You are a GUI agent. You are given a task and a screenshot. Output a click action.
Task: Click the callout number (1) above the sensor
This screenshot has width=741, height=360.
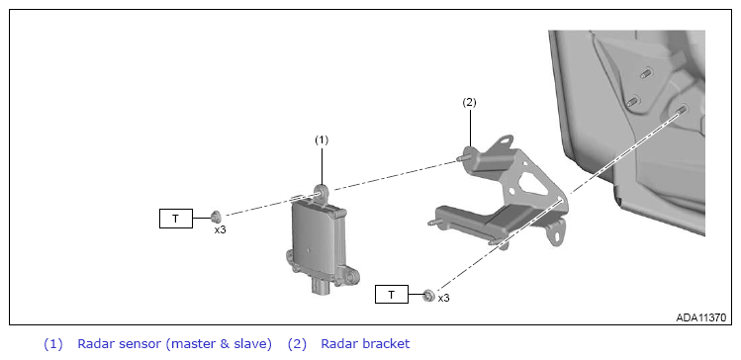click(322, 139)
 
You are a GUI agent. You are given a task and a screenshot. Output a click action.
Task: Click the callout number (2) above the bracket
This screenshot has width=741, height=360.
click(469, 103)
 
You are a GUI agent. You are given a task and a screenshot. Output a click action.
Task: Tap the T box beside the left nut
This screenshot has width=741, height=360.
click(176, 219)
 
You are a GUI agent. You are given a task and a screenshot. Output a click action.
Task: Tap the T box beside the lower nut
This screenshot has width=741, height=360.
click(392, 295)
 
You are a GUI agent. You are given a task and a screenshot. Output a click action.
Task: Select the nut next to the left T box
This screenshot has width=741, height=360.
click(217, 217)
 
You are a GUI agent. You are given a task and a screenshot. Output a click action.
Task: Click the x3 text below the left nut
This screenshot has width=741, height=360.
click(220, 230)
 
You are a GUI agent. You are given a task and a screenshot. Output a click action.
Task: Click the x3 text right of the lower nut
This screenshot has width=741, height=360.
click(443, 299)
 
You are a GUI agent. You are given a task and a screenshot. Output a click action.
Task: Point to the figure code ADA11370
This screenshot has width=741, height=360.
click(700, 317)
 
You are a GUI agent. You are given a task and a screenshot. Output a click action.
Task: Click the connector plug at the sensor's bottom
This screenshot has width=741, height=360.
click(322, 286)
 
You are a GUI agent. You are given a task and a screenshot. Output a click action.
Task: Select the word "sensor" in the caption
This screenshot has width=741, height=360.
click(139, 344)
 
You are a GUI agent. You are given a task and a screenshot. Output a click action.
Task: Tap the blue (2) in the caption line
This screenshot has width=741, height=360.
click(297, 344)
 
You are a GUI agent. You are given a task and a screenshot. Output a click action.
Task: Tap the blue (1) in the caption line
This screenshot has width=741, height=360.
click(53, 344)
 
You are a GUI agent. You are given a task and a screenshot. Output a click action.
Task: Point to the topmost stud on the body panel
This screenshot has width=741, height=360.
click(646, 73)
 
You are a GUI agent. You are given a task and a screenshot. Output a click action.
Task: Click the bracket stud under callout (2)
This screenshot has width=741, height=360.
click(464, 156)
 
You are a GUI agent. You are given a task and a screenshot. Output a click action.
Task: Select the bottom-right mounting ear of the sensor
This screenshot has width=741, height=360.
click(349, 277)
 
